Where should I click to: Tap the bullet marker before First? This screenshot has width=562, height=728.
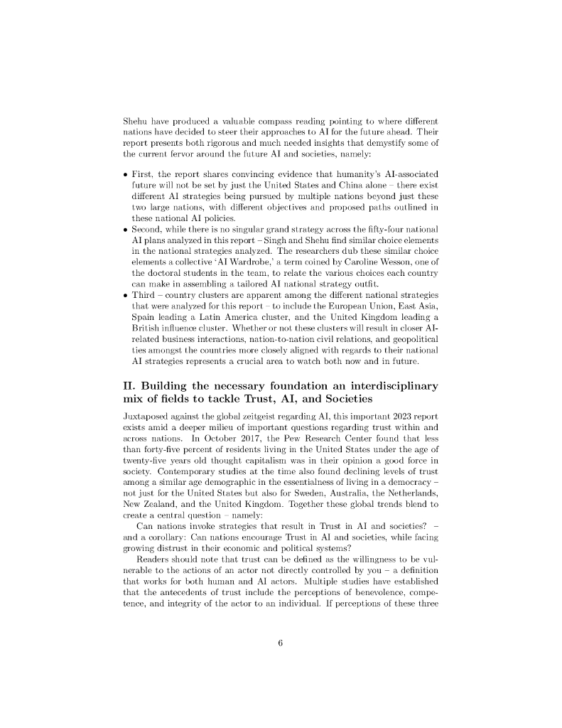(126, 175)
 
